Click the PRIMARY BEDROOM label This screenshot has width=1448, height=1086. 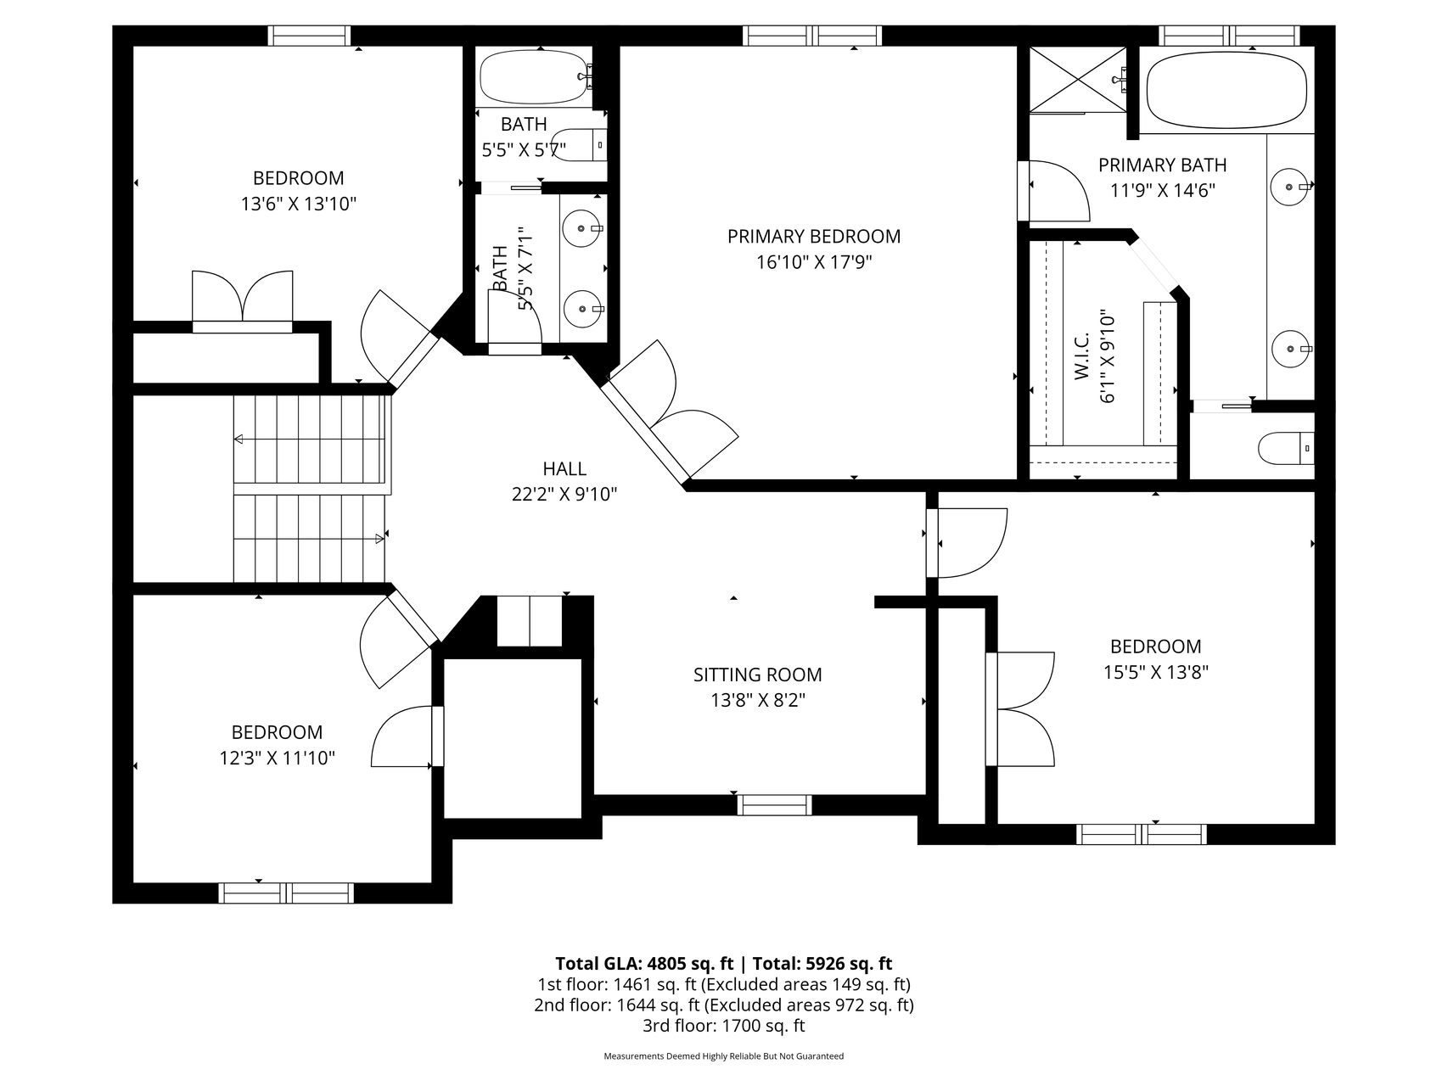pos(813,237)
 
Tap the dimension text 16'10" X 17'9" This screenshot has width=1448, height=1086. pos(814,262)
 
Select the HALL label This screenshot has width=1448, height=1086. pos(564,468)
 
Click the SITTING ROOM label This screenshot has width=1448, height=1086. pos(757,675)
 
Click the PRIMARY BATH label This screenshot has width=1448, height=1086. pos(1163,165)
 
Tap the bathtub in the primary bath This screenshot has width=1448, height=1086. pos(1226,91)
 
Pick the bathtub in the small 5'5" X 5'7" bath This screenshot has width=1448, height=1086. pos(534,77)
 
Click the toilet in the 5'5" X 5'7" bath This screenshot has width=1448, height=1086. pos(579,145)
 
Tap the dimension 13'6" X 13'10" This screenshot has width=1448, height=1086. pos(299,204)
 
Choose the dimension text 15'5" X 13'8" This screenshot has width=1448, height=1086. pos(1156,672)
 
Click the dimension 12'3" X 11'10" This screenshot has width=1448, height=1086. pos(278,758)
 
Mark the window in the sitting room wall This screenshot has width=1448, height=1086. pos(774,805)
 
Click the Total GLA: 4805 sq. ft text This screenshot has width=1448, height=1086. pos(644,963)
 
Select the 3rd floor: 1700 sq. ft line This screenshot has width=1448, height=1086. pos(724,1026)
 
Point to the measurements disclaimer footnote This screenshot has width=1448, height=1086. pos(724,1056)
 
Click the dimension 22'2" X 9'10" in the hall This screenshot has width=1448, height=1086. pos(564,494)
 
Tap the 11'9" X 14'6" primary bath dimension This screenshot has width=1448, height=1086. pos(1163,190)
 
